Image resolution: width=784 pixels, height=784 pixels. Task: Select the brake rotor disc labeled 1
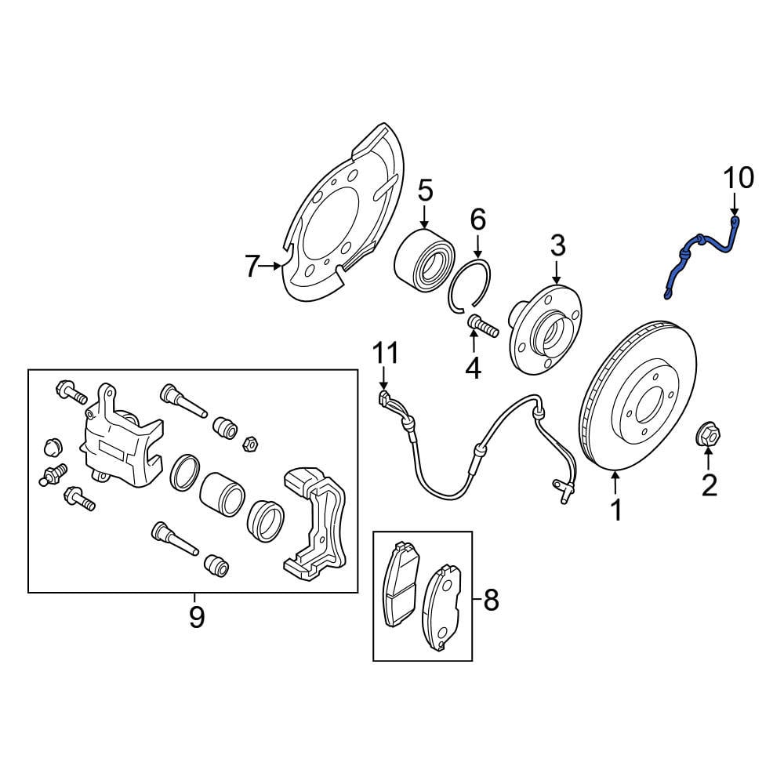pos(638,395)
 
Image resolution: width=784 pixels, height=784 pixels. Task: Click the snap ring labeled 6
pos(470,285)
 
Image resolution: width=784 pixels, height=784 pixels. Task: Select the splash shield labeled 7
pos(340,215)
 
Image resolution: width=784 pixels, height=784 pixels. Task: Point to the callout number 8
pos(491,600)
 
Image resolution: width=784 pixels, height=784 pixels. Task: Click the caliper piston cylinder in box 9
pos(222,493)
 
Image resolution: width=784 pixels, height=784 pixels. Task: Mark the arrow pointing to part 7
pos(270,266)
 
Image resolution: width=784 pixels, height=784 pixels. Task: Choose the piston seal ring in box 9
pos(185,473)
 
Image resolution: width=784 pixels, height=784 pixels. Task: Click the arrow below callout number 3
pos(557,273)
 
